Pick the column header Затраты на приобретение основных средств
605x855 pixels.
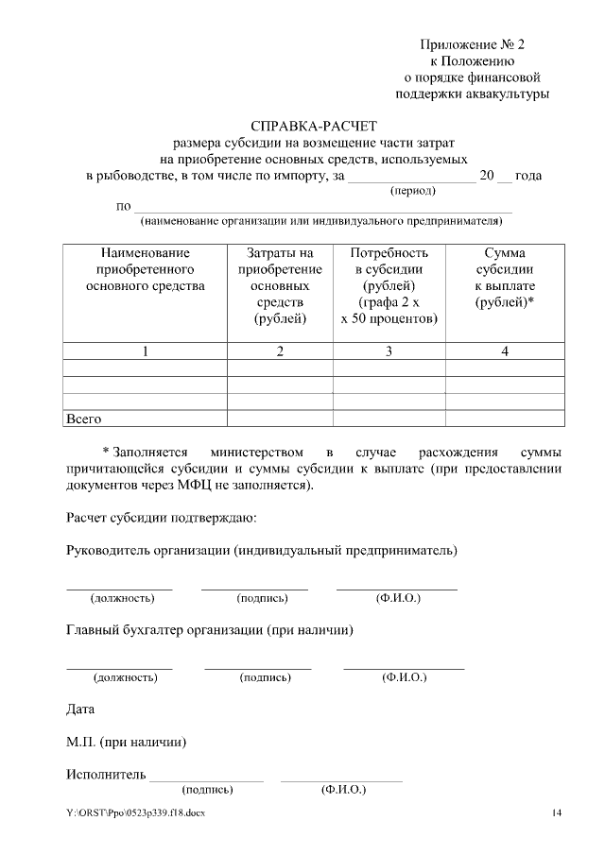pyautogui.click(x=280, y=285)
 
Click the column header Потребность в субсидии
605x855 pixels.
pyautogui.click(x=389, y=285)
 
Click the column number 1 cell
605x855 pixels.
pyautogui.click(x=145, y=351)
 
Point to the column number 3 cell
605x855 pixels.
pyautogui.click(x=389, y=351)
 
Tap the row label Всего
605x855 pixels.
pyautogui.click(x=83, y=418)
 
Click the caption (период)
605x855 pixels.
pyautogui.click(x=413, y=190)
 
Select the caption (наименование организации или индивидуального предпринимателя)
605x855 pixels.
pyautogui.click(x=320, y=221)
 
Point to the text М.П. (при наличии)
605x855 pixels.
pyautogui.click(x=126, y=742)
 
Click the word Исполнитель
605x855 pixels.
pyautogui.click(x=105, y=776)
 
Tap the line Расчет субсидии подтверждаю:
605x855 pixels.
pyautogui.click(x=161, y=518)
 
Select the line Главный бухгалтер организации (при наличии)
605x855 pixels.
pyautogui.click(x=210, y=630)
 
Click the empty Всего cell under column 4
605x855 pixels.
pyautogui.click(x=504, y=418)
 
